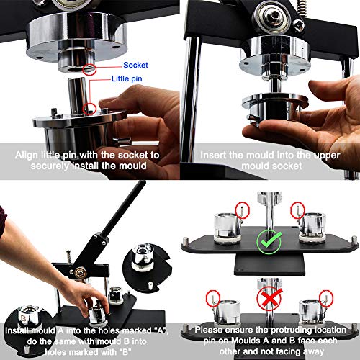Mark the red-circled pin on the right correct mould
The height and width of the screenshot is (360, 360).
coord(295,210)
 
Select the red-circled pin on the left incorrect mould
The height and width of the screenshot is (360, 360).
coord(213,296)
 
